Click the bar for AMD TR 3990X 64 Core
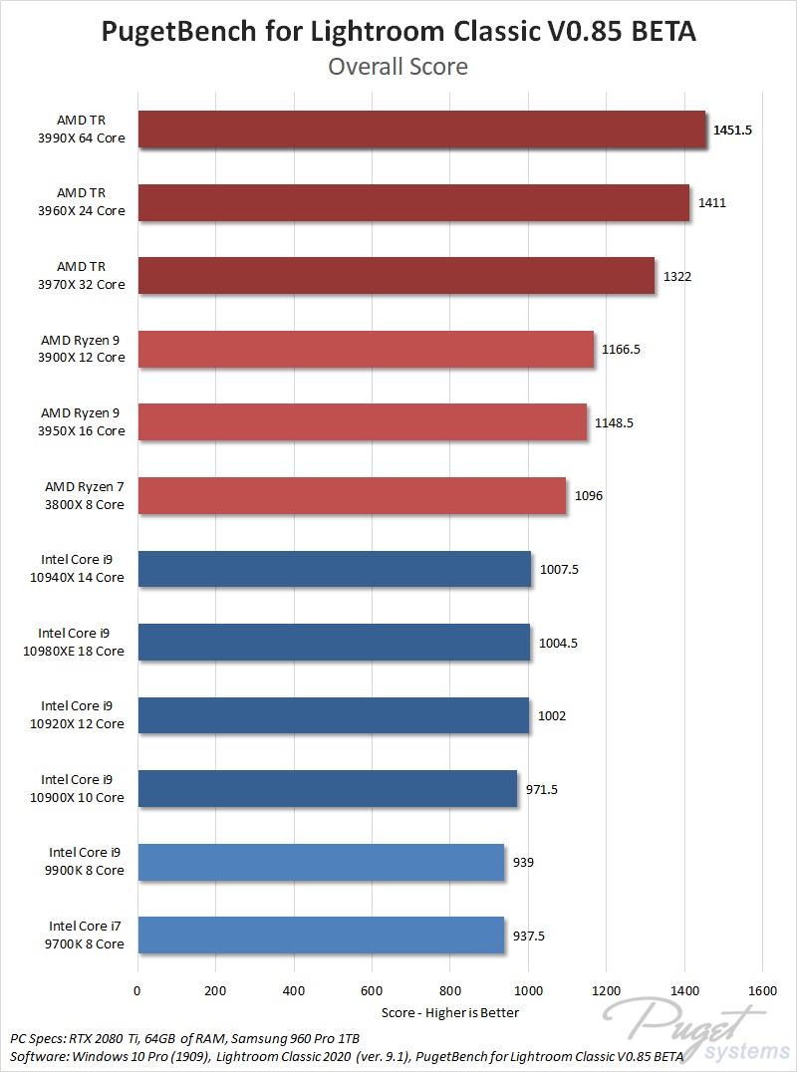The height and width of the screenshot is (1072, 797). coord(421,130)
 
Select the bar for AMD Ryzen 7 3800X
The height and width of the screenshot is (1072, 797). coord(352,496)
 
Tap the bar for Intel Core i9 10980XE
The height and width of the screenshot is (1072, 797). coord(334,643)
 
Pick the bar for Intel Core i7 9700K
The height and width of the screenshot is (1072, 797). coord(321,936)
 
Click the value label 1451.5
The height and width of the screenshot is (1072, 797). coord(732,130)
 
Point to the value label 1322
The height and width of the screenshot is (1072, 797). coord(676,276)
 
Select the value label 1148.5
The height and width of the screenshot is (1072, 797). coord(614,422)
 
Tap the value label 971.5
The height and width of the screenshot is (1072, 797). coord(542,789)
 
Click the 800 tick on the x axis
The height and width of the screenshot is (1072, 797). coord(449,991)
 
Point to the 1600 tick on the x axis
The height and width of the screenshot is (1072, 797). coord(762,991)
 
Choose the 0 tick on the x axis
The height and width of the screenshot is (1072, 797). coord(137,991)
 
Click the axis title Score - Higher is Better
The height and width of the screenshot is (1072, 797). coord(450,1012)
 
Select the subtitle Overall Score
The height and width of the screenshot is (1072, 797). coord(398,67)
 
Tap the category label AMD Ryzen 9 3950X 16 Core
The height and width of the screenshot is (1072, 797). coord(83,422)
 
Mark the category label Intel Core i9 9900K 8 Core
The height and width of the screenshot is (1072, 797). coord(87,862)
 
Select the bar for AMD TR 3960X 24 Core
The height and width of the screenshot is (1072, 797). coord(413,202)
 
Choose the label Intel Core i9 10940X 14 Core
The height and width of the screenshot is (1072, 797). coord(83,569)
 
